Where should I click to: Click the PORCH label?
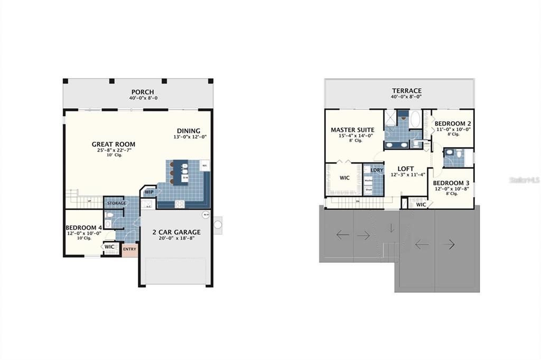pos(143,92)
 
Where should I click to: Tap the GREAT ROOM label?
pos(114,144)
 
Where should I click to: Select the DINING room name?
pos(189,131)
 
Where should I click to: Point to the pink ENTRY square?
pos(129,249)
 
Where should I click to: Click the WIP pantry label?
pos(149,192)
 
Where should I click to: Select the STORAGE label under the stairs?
pos(117,203)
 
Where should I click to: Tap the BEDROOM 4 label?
pos(83,228)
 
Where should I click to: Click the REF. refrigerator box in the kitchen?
pos(204,166)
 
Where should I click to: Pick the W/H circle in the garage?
pos(205,215)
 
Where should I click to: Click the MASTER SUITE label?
pos(352,130)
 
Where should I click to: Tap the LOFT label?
pos(406,168)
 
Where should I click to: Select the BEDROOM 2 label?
pos(453,124)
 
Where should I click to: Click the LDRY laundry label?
pos(377,170)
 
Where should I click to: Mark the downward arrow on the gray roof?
pos(391,228)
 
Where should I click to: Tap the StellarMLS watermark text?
pos(524,180)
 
